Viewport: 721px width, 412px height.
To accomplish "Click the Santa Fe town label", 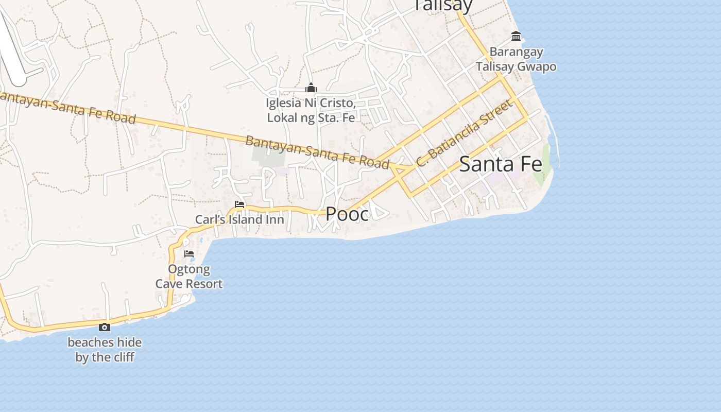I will (x=500, y=164).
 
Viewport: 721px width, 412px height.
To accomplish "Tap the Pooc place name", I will (x=347, y=214).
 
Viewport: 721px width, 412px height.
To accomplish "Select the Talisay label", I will (x=443, y=5).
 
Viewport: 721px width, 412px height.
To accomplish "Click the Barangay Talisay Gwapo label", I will (x=516, y=59).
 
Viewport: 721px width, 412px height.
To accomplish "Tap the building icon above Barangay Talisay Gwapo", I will (x=516, y=37).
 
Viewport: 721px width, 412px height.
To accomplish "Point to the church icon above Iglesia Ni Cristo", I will (x=311, y=88).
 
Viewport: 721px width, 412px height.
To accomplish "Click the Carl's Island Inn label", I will (x=239, y=219).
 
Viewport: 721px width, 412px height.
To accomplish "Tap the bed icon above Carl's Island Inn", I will (x=239, y=204).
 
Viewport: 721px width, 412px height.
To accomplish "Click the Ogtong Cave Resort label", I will (x=189, y=277).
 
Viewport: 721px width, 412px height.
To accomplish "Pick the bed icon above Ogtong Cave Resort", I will (x=189, y=254).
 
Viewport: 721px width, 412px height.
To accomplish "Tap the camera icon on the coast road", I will (x=105, y=327).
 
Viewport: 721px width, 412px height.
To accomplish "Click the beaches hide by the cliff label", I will (x=105, y=350).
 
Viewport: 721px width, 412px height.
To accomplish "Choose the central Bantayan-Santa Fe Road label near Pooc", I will (x=317, y=152).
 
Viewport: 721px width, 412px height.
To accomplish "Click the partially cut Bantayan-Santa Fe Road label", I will (x=67, y=108).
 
